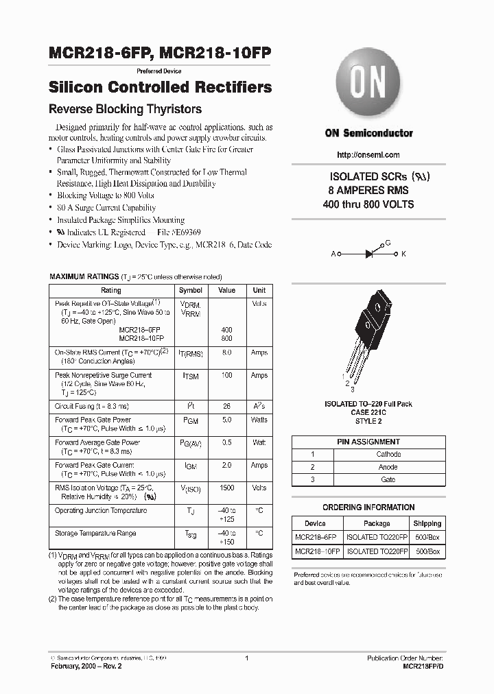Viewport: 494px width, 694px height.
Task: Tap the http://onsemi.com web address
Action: [368, 155]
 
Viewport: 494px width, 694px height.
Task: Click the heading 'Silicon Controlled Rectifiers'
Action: [161, 88]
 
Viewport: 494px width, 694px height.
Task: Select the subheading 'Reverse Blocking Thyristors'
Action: [124, 109]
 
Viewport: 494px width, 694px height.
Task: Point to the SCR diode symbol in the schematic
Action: [368, 253]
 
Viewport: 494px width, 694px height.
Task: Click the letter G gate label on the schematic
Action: [388, 243]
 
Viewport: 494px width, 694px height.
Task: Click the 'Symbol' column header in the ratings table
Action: [190, 291]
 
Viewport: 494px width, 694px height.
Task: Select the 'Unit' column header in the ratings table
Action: [259, 291]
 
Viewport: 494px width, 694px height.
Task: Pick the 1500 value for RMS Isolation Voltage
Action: [226, 488]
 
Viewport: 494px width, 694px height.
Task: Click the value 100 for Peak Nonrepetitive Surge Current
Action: [226, 376]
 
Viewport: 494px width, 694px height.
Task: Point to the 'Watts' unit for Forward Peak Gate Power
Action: [259, 420]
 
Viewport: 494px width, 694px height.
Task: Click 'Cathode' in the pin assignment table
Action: [388, 454]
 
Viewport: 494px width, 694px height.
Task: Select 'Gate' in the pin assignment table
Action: [388, 479]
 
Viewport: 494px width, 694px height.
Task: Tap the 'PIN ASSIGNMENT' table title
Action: [368, 442]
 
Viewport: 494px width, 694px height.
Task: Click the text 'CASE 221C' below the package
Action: [368, 413]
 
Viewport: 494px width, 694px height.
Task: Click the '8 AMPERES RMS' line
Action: [368, 190]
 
